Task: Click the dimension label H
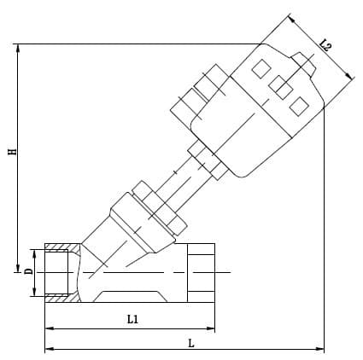[13, 152]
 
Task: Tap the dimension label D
[29, 271]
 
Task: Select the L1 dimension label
[132, 319]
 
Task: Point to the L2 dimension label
[325, 44]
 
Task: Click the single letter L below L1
[191, 343]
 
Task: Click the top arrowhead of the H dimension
[19, 49]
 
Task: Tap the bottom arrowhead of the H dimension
[19, 268]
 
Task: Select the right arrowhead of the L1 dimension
[210, 328]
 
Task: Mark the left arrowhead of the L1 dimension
[50, 328]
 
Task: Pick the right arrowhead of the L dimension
[319, 349]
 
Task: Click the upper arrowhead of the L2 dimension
[291, 19]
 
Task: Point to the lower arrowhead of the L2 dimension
[349, 75]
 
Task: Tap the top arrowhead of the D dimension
[34, 254]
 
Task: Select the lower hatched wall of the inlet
[62, 299]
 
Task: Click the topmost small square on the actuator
[261, 68]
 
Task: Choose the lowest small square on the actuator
[299, 106]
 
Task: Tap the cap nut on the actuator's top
[303, 64]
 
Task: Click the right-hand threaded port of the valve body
[201, 273]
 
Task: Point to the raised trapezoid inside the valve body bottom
[130, 296]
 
